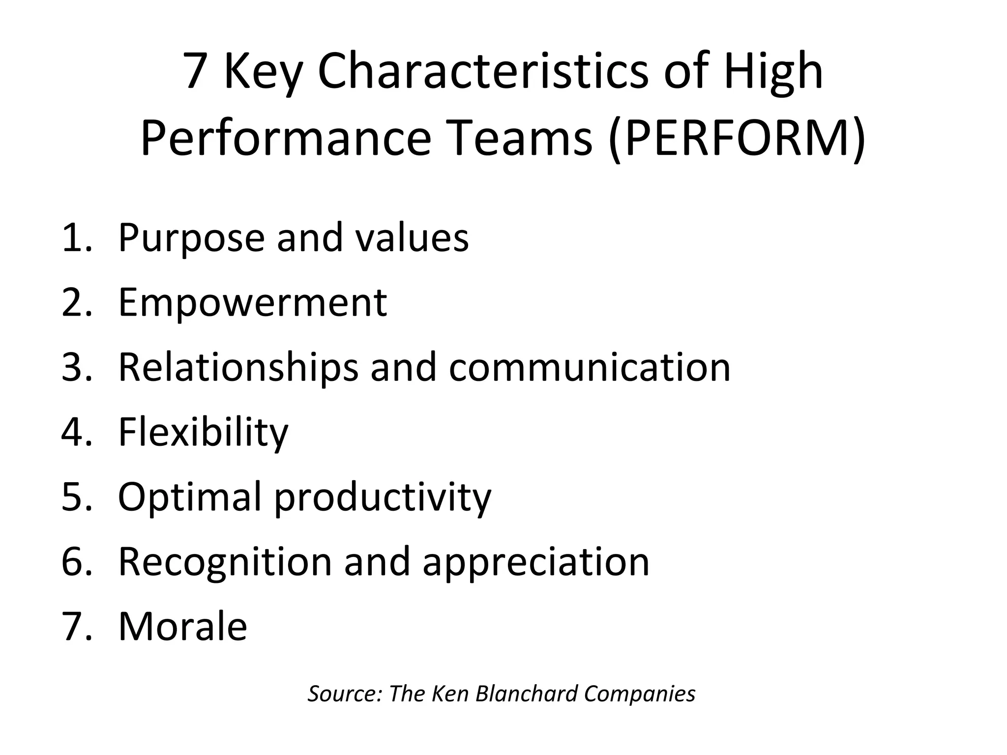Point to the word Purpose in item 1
tap(192, 239)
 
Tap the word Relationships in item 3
tap(238, 368)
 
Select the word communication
tap(590, 368)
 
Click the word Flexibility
tap(203, 433)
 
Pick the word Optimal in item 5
tap(190, 497)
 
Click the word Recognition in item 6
tap(225, 561)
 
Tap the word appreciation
tap(536, 562)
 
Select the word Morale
tap(182, 626)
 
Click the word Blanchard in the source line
tap(526, 694)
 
